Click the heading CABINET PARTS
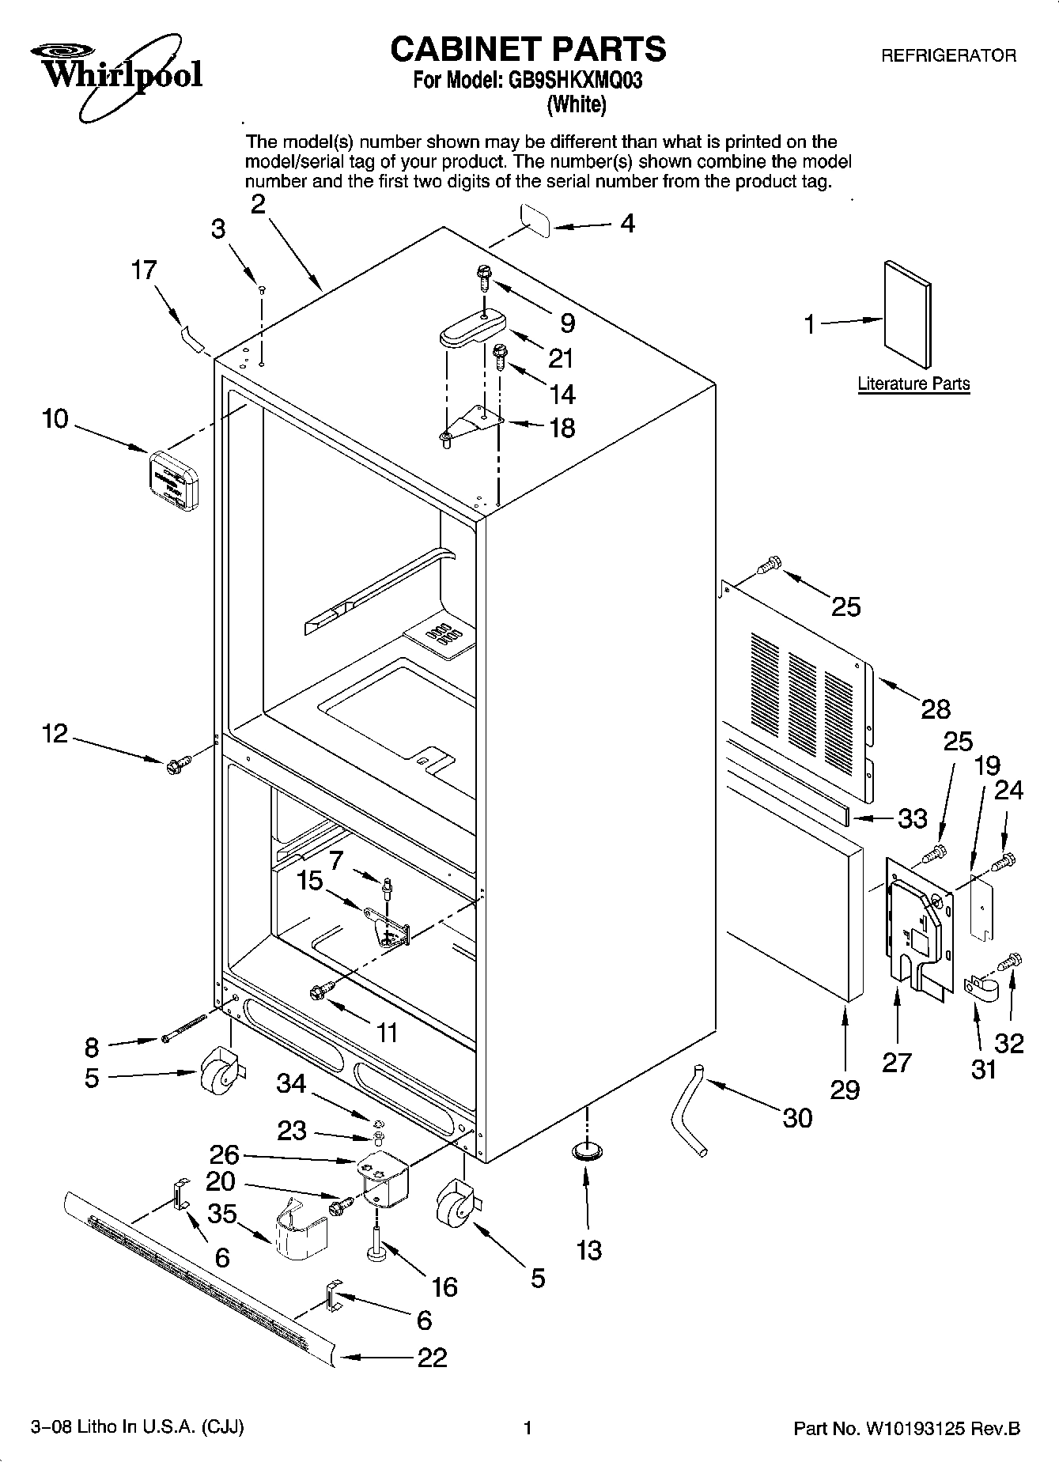[528, 49]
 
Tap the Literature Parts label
[913, 384]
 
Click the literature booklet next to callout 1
[907, 314]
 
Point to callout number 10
[55, 419]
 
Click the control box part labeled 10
[173, 480]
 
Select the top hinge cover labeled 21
[472, 327]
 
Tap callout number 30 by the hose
[796, 1117]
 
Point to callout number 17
[143, 270]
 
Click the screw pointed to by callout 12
[177, 764]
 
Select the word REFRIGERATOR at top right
[948, 56]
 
